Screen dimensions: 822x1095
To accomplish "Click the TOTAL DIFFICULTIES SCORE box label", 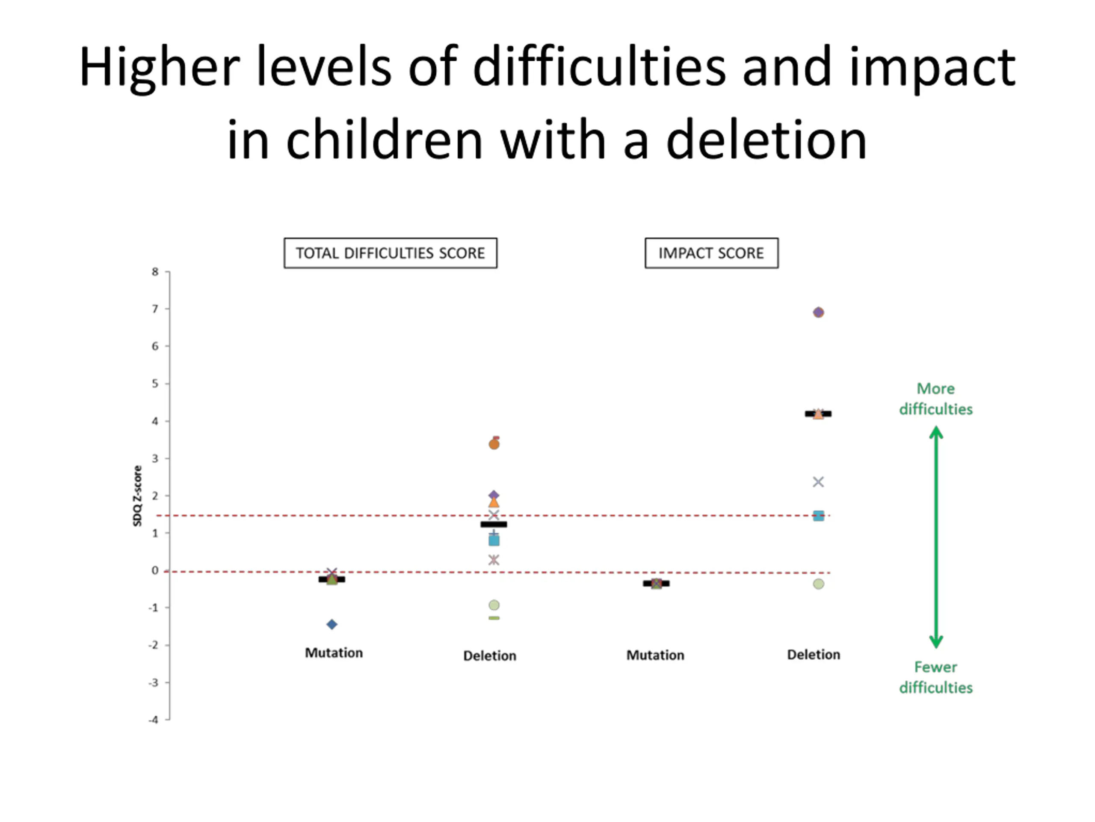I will click(x=390, y=253).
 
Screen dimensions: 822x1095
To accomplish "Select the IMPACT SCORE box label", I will click(x=711, y=253).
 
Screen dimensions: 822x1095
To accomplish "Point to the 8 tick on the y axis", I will click(x=155, y=271).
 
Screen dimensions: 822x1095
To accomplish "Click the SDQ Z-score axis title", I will click(x=138, y=495).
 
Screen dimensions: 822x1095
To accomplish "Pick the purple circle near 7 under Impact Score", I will click(x=818, y=312).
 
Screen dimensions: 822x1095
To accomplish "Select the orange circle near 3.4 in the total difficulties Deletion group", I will click(x=494, y=444).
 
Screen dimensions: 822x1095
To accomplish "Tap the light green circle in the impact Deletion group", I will click(x=818, y=584).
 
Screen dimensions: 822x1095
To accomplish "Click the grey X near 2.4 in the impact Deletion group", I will click(x=818, y=482).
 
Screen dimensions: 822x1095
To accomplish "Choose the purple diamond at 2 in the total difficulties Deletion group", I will click(x=494, y=495).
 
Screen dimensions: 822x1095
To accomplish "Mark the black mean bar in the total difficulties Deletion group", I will click(x=494, y=524).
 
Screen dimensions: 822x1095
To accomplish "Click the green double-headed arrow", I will click(x=935, y=538).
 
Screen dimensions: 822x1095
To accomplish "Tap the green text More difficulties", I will click(x=935, y=399).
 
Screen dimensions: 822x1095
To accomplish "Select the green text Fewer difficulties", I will click(x=935, y=677).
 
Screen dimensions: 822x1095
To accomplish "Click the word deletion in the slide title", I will click(x=766, y=140).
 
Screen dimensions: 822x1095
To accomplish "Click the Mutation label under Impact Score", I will click(x=655, y=655).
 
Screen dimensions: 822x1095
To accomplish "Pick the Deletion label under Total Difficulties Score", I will click(x=490, y=655).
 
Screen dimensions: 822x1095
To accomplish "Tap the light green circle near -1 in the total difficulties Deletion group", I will click(x=494, y=605).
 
